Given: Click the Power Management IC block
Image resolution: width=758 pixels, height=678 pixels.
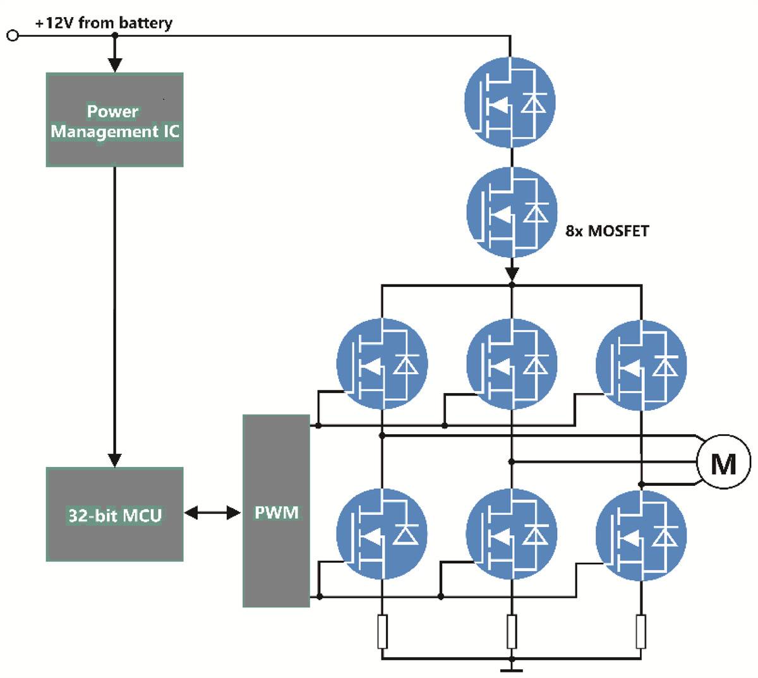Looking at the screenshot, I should point(114,120).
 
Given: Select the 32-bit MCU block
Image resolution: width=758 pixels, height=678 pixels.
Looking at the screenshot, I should point(114,514).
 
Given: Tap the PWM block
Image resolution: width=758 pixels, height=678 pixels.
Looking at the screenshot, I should point(277,511).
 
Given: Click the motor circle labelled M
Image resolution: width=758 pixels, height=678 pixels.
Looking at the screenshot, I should point(723,463).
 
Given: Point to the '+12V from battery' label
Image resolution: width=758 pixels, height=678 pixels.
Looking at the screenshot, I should point(104,23).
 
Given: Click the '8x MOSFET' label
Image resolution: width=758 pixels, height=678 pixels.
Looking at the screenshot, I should point(607,231).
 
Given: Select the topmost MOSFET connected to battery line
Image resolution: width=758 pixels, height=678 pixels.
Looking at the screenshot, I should point(510,101).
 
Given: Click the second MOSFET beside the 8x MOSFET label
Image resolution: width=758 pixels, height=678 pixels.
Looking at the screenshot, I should point(512,212).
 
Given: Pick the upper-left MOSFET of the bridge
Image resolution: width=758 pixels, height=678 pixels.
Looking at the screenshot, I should point(382,364).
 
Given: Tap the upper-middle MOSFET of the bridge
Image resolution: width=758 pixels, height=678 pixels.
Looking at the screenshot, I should point(512,364).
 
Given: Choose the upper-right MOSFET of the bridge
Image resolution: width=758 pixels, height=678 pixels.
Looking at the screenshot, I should point(641,364).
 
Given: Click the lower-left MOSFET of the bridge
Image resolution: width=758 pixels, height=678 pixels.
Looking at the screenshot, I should point(382,534).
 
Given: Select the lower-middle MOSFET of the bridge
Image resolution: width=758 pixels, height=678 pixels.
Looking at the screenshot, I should point(512,534).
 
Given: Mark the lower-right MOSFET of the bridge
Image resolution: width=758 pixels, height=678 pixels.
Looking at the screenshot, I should point(641,534).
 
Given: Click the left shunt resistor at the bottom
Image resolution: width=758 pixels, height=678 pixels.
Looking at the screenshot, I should point(382,631).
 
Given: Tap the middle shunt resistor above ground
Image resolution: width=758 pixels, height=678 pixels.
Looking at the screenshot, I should point(512,631).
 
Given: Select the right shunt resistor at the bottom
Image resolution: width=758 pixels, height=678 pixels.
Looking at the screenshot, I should point(641,631).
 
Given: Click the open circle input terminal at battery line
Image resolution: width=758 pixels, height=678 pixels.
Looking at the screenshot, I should point(12,36).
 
